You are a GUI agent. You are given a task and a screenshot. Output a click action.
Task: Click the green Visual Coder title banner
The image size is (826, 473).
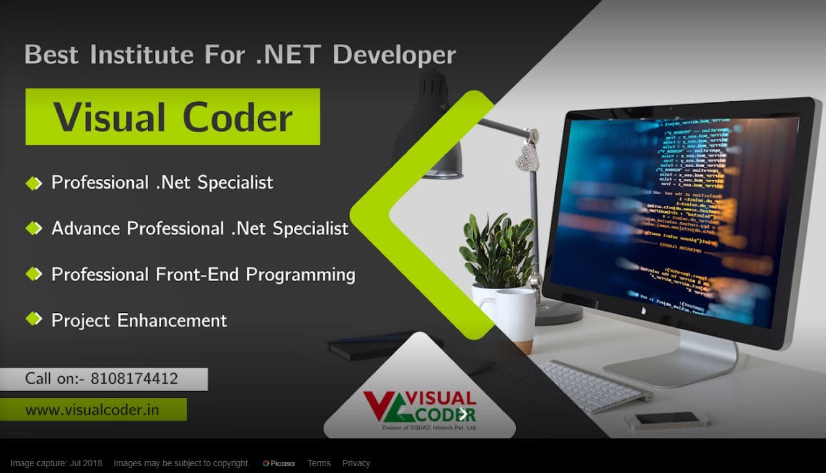click(x=172, y=117)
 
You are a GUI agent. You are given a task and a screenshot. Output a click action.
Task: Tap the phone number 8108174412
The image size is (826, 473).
click(x=134, y=378)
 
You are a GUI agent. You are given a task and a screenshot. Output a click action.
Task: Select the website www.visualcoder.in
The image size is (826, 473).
click(x=92, y=410)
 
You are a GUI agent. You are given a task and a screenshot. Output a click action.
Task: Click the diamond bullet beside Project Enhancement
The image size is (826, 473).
click(x=33, y=320)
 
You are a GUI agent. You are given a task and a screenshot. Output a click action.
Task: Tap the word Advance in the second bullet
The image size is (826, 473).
click(x=86, y=228)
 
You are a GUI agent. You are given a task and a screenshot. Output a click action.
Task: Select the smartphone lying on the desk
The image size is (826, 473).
click(x=667, y=420)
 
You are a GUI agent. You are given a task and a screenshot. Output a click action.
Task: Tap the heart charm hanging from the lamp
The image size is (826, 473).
click(x=527, y=158)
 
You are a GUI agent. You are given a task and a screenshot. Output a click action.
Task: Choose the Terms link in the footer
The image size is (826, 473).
click(x=319, y=463)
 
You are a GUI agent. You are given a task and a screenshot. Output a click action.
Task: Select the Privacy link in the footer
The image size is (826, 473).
click(x=356, y=463)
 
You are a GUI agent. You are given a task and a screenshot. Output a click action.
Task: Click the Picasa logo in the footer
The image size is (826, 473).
click(x=278, y=463)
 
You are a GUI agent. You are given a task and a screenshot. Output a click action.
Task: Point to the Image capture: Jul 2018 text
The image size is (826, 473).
click(x=56, y=463)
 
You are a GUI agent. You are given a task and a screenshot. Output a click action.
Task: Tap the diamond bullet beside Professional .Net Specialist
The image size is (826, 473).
click(x=33, y=182)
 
